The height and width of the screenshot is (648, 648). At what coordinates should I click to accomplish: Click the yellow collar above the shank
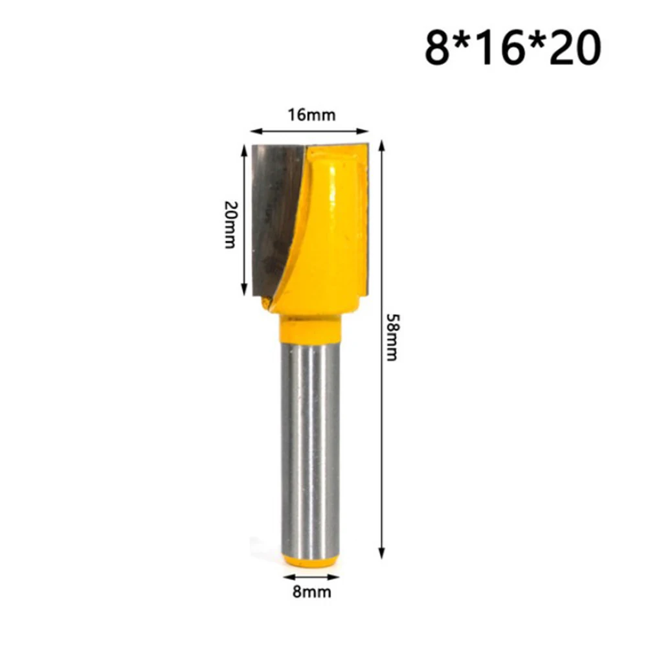pos(310,329)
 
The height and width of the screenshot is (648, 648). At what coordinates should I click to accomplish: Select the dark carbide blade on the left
pos(275,214)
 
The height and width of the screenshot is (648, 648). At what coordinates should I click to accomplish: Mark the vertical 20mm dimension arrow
pos(244,220)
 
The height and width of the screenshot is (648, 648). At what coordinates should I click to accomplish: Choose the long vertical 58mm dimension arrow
pos(382,350)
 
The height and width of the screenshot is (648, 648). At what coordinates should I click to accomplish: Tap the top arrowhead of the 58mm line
pos(382,144)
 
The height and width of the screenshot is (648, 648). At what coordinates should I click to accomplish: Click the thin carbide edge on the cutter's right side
pos(366,220)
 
